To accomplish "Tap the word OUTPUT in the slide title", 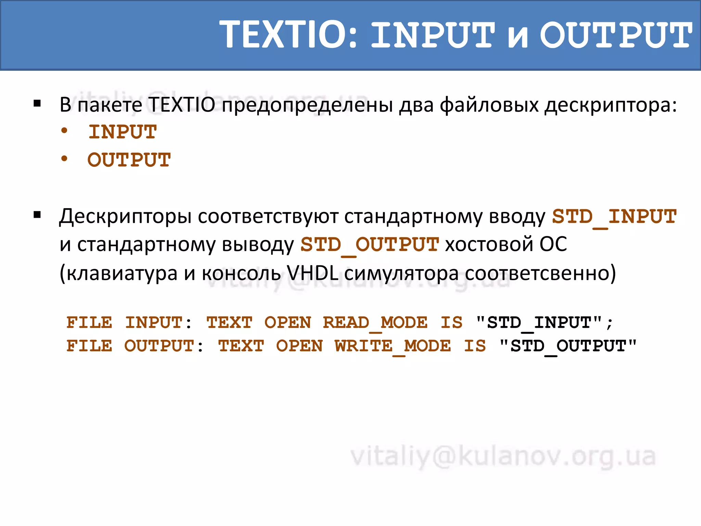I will pos(616,35).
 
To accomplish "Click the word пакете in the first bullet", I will pos(110,105).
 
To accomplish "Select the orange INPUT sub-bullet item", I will pos(123,132).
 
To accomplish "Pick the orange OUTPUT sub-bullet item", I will pos(129,160).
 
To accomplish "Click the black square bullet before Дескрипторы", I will pos(37,215).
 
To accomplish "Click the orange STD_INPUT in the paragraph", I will pos(614,217).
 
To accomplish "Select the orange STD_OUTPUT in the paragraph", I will pos(370,245).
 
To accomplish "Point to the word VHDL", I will pos(312,273).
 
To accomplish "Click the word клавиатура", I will pos(122,273).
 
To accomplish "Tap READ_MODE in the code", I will pos(375,323).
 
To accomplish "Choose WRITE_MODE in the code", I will pos(393,346).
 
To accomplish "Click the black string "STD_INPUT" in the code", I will pos(539,323).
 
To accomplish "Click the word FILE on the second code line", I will pos(89,346).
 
